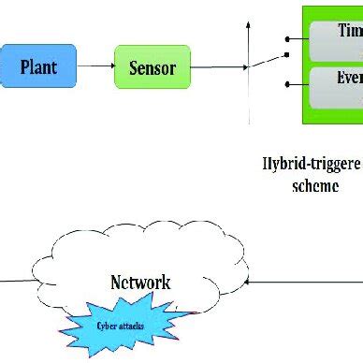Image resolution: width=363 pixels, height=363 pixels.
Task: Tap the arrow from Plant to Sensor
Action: pos(96,66)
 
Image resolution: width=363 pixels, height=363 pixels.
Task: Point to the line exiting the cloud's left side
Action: pos(19,280)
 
